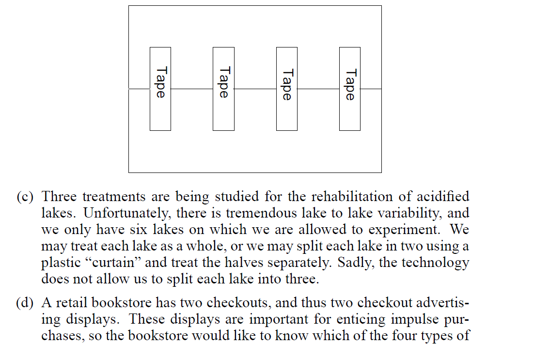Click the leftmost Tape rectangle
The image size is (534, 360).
coord(160,89)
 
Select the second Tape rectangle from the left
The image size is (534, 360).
coord(223,89)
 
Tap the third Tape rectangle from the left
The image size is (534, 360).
coord(287,89)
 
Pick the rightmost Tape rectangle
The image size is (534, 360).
coord(350,89)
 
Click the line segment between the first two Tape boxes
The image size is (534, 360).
coord(192,89)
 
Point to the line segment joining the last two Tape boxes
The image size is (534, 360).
coord(318,89)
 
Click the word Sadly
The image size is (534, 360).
coord(347,263)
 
